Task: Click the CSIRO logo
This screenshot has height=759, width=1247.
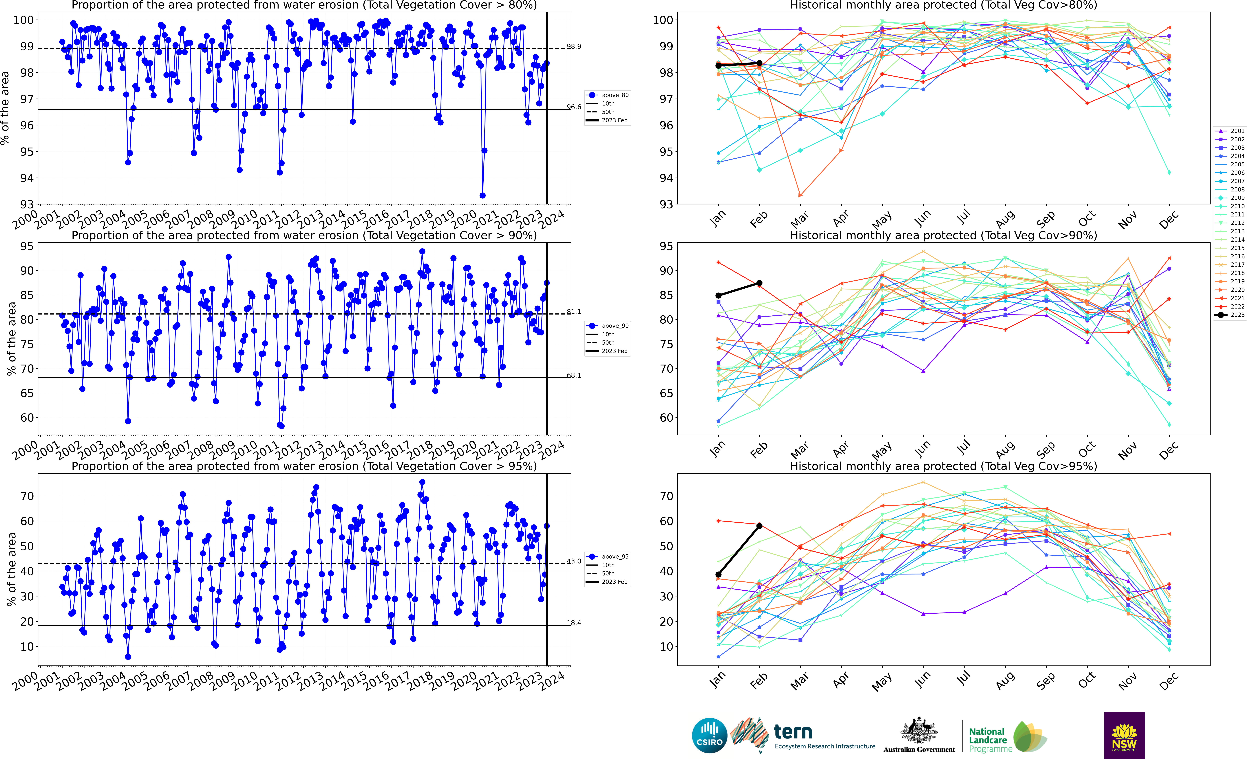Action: click(710, 735)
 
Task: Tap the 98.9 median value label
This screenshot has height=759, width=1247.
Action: click(574, 47)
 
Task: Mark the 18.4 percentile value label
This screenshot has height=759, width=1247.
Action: click(574, 623)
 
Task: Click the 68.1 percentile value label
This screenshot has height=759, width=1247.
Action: click(574, 375)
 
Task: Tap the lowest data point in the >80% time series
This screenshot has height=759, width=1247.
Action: click(483, 195)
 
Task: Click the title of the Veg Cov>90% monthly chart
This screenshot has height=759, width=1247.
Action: click(943, 235)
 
